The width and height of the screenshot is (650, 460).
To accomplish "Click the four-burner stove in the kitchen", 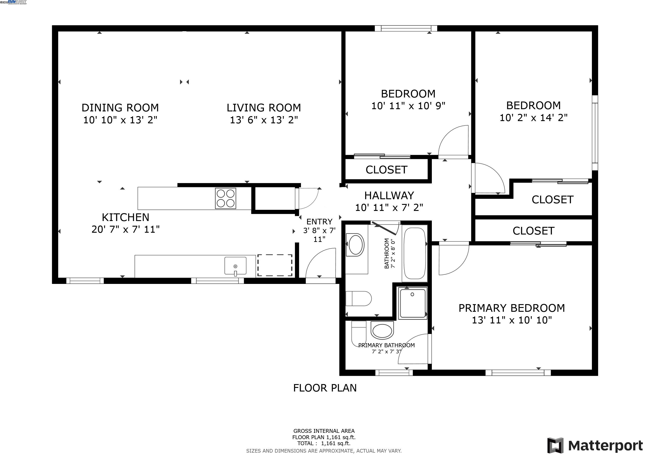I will [225, 198].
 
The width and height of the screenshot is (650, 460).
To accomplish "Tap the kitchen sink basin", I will [235, 266].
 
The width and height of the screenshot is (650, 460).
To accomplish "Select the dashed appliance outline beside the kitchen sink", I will [274, 265].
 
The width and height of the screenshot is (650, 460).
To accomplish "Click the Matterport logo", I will [595, 445].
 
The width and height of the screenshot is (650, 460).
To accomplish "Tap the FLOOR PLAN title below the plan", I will [325, 388].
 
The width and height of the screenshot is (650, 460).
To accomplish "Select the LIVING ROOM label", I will [264, 108].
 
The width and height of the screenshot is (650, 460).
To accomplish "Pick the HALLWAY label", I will [389, 195].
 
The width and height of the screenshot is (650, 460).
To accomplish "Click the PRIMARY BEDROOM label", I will [512, 308].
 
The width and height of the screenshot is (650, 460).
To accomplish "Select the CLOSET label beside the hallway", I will [386, 170].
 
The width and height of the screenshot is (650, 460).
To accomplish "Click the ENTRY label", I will [319, 221].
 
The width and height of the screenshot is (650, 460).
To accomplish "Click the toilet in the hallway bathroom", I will [358, 299].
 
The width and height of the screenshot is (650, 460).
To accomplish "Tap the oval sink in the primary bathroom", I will [382, 330].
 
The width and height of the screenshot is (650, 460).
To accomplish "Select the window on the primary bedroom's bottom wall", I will [518, 373].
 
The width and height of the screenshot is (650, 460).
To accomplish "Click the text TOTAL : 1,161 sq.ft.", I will [324, 443].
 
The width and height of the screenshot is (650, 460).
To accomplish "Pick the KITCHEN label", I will [125, 217].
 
